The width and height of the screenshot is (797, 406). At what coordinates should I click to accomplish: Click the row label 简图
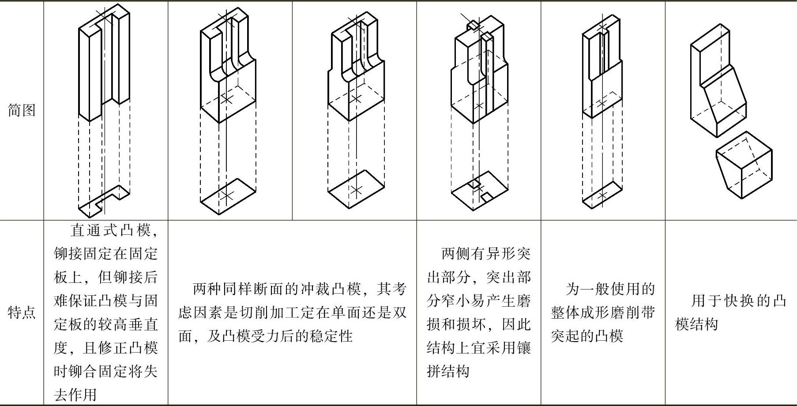click(22, 110)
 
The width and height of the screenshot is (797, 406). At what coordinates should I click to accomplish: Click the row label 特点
click(22, 312)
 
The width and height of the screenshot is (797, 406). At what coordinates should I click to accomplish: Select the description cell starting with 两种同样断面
click(292, 312)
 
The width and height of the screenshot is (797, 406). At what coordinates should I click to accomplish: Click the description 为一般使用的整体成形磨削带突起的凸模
click(603, 312)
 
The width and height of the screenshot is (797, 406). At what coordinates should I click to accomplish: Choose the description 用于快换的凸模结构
click(731, 312)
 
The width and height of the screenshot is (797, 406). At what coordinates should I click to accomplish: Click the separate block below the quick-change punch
click(744, 165)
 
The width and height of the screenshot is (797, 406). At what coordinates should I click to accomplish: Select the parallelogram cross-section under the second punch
click(228, 196)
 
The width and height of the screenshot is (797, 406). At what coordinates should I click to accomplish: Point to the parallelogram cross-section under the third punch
click(356, 190)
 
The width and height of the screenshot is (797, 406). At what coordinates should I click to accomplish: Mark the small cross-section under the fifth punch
click(603, 195)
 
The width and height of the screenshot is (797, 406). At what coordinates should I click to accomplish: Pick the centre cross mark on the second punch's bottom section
click(227, 195)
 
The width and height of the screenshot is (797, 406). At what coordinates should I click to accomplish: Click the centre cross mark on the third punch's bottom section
click(356, 190)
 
